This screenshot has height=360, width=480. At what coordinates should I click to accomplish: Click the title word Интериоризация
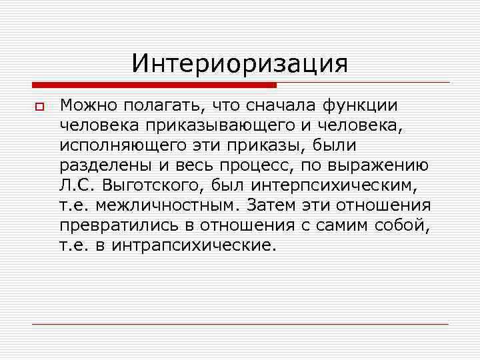[240, 63]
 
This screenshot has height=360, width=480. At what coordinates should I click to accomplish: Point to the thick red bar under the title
[154, 85]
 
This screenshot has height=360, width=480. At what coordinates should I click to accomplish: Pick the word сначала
[279, 105]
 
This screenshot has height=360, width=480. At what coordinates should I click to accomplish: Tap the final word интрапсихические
[193, 246]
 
